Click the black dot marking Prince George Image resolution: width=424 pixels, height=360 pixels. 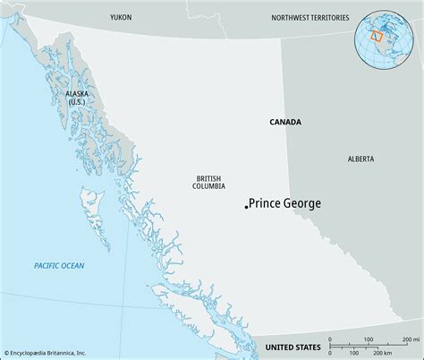[x=246, y=207]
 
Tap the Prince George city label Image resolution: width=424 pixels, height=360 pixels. [x=284, y=204]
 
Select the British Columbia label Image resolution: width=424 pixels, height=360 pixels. [x=208, y=183]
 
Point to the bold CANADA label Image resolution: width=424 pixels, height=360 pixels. [x=284, y=122]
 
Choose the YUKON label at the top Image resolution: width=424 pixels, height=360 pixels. [x=121, y=17]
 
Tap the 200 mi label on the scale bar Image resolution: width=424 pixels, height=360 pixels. [x=410, y=339]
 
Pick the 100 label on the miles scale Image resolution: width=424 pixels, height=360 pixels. [x=369, y=339]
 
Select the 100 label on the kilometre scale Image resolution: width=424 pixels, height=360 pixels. [x=359, y=353]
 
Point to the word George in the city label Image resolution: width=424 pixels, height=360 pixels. [x=301, y=204]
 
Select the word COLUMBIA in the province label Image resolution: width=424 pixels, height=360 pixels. [x=208, y=187]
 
